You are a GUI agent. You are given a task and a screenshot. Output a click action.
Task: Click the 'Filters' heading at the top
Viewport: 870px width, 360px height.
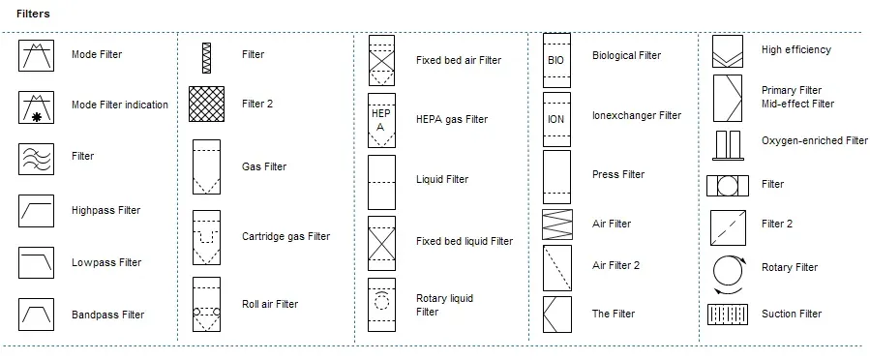click(x=33, y=15)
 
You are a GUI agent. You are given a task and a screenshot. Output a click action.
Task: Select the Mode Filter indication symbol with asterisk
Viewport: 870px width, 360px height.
click(x=37, y=105)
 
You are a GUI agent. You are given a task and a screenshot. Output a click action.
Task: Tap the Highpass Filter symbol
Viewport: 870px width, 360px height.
click(x=37, y=210)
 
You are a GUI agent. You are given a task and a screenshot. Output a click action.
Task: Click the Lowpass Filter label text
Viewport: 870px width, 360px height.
click(x=106, y=262)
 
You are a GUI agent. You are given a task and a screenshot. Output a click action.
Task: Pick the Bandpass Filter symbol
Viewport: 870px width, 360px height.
click(x=37, y=315)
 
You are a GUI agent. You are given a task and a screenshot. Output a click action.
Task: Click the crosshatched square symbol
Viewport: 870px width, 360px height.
click(x=206, y=104)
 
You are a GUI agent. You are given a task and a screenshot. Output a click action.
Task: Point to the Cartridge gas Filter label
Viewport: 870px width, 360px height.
click(x=285, y=236)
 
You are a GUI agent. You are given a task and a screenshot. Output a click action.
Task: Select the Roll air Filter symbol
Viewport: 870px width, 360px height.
click(x=206, y=305)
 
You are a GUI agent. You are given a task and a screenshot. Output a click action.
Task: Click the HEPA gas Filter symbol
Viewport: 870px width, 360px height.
click(x=381, y=120)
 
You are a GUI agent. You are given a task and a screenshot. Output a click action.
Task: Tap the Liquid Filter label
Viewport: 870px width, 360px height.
click(x=442, y=179)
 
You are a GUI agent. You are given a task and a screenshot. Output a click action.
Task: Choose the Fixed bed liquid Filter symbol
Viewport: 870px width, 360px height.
click(x=381, y=242)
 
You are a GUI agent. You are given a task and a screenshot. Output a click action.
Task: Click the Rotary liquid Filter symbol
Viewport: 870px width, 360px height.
click(x=381, y=305)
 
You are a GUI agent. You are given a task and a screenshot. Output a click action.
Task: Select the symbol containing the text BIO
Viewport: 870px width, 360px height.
click(x=556, y=60)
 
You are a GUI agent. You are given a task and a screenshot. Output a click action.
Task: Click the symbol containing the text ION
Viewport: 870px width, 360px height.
click(x=556, y=119)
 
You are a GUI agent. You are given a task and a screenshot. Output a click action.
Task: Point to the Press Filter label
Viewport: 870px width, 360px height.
click(x=618, y=174)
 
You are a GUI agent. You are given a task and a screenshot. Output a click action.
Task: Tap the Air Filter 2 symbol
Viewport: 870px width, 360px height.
click(x=556, y=267)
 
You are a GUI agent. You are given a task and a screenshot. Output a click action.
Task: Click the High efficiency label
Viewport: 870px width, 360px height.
click(x=795, y=49)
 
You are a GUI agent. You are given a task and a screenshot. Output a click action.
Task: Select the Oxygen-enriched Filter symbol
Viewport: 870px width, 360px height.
click(x=728, y=144)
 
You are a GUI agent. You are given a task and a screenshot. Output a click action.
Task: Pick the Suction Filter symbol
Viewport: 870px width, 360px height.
click(x=727, y=315)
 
